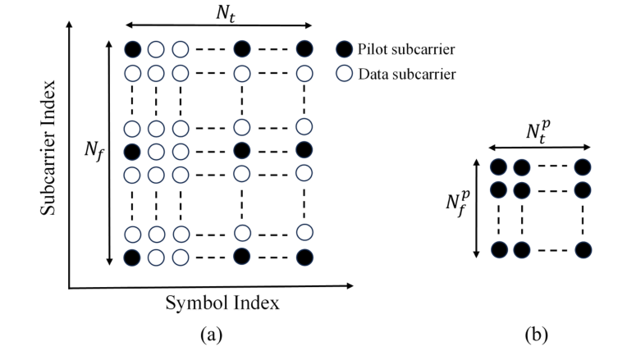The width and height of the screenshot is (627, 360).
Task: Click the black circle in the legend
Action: tap(344, 49)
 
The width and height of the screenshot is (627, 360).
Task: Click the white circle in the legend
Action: tap(344, 74)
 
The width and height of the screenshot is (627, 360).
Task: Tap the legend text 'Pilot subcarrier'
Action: tap(407, 49)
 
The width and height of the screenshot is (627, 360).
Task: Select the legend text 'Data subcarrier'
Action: tap(407, 75)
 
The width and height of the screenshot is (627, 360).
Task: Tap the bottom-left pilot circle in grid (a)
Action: tap(132, 257)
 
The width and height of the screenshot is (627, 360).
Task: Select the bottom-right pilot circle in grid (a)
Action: tap(304, 257)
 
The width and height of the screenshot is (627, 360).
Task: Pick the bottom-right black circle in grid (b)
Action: tap(583, 249)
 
